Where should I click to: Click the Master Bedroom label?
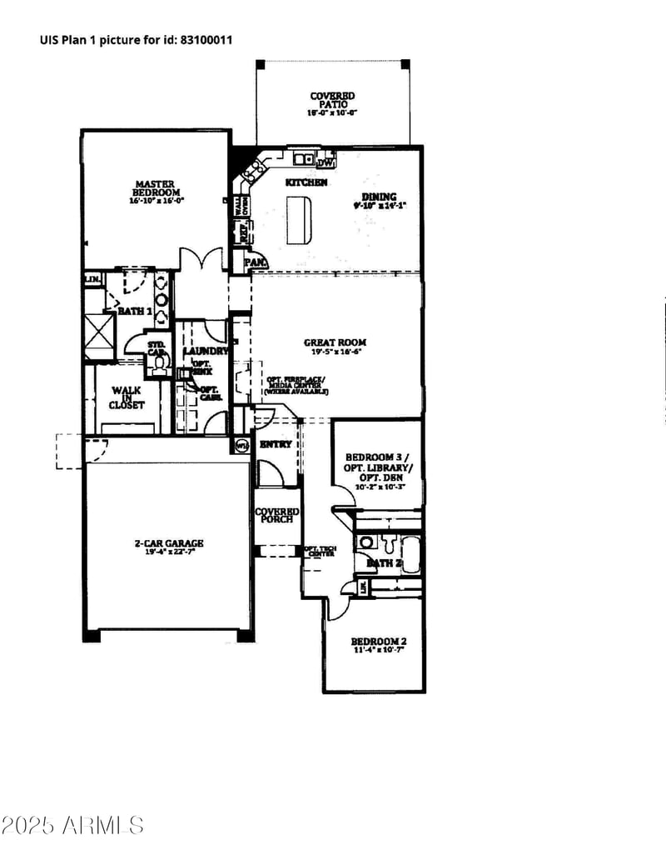(x=156, y=187)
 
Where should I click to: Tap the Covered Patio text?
(x=332, y=101)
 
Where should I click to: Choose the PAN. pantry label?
(x=255, y=263)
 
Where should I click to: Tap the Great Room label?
(x=335, y=342)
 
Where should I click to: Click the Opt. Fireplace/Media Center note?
(x=296, y=384)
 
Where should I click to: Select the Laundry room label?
(x=206, y=351)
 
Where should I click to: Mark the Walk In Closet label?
(x=127, y=397)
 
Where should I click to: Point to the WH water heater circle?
(x=242, y=445)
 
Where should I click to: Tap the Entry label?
(x=276, y=444)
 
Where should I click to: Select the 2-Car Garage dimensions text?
(x=169, y=552)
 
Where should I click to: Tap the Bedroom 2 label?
(x=378, y=641)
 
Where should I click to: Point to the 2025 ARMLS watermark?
(x=72, y=825)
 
